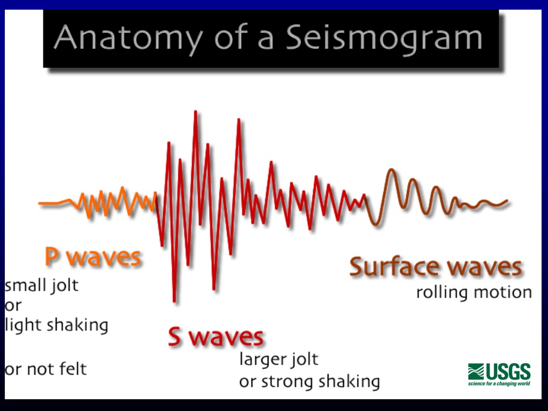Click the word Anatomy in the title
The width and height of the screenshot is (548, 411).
point(128,39)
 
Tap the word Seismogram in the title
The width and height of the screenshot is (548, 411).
point(384,39)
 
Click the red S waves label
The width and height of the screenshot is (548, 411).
point(216,337)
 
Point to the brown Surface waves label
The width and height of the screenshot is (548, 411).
point(435,267)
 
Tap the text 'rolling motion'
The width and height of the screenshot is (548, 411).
point(474,293)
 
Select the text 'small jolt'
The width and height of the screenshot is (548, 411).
point(42,285)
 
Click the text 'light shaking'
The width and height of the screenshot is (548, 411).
point(56,324)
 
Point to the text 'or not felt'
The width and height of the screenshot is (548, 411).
point(45,369)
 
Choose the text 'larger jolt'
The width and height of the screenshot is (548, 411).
point(278,359)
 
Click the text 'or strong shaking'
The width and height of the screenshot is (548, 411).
point(309,382)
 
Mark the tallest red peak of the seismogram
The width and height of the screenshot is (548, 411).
point(196,112)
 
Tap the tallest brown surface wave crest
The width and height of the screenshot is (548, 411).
point(392,171)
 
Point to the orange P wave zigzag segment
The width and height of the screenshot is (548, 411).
point(112,202)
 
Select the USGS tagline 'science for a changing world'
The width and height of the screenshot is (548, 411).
point(499,383)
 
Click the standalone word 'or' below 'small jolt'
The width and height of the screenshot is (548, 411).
point(12,306)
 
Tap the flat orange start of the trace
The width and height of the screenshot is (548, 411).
point(49,203)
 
